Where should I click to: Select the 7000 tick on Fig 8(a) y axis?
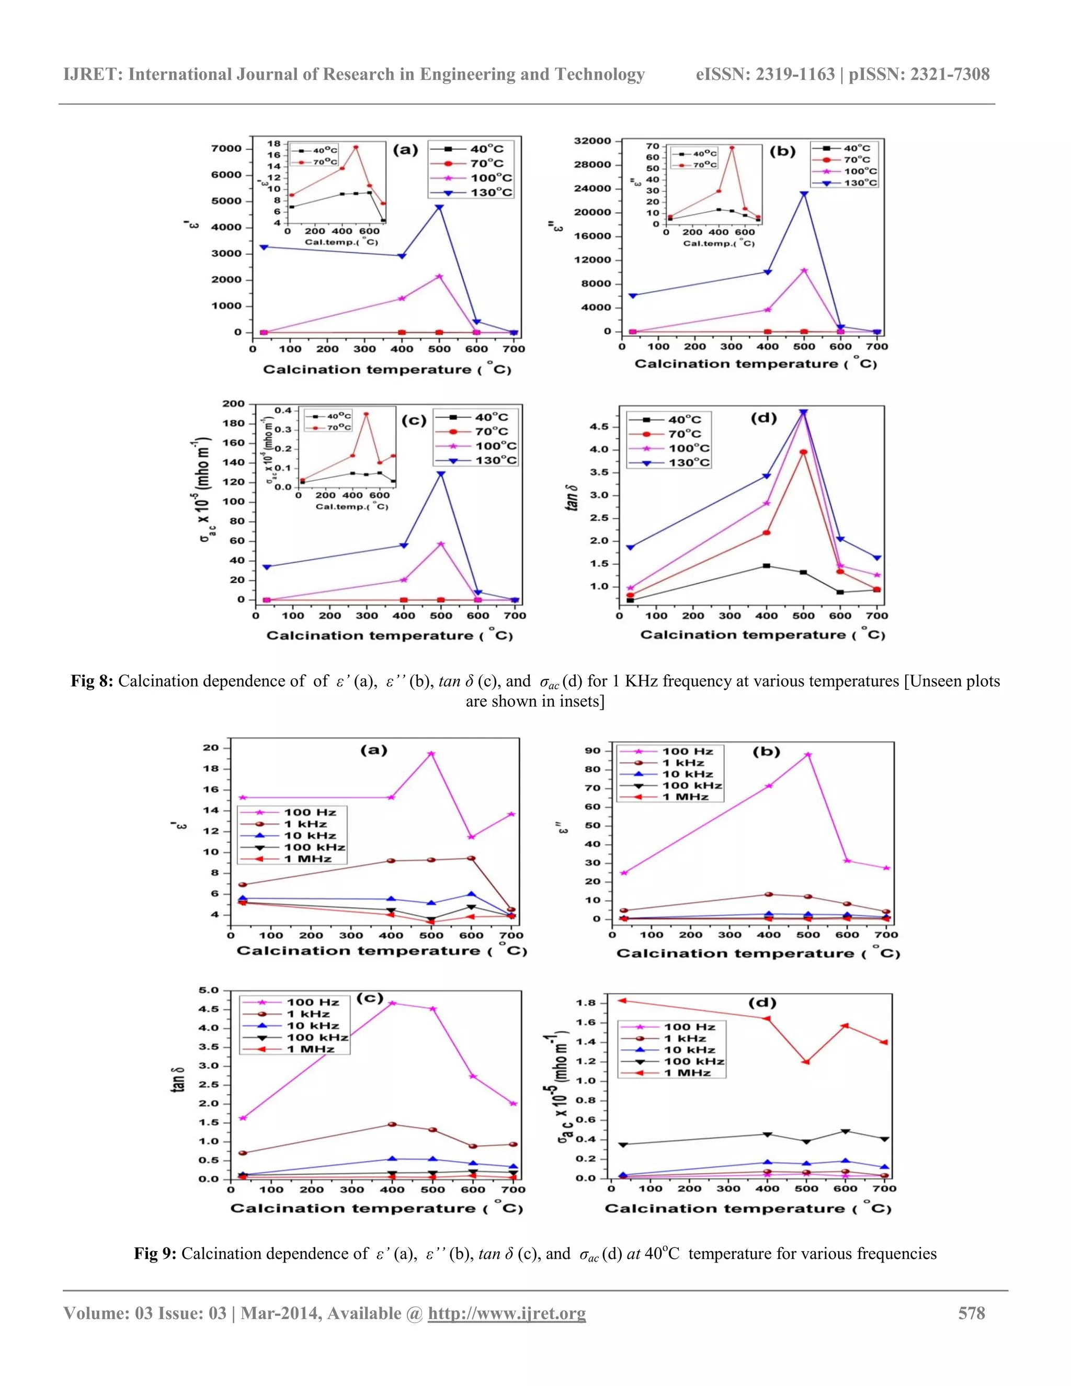tap(226, 149)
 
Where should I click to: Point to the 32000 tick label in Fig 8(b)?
tap(592, 141)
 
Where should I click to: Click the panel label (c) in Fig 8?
tap(414, 421)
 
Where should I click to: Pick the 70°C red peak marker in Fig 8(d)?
tap(803, 452)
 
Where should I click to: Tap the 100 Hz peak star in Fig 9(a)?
tap(431, 754)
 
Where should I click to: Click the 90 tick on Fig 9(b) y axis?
tap(593, 751)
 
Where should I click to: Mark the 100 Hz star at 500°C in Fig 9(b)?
tap(807, 755)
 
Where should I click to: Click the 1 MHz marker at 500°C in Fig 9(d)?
tap(806, 1062)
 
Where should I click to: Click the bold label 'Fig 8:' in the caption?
tap(92, 681)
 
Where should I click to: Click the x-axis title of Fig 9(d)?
tap(748, 1208)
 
